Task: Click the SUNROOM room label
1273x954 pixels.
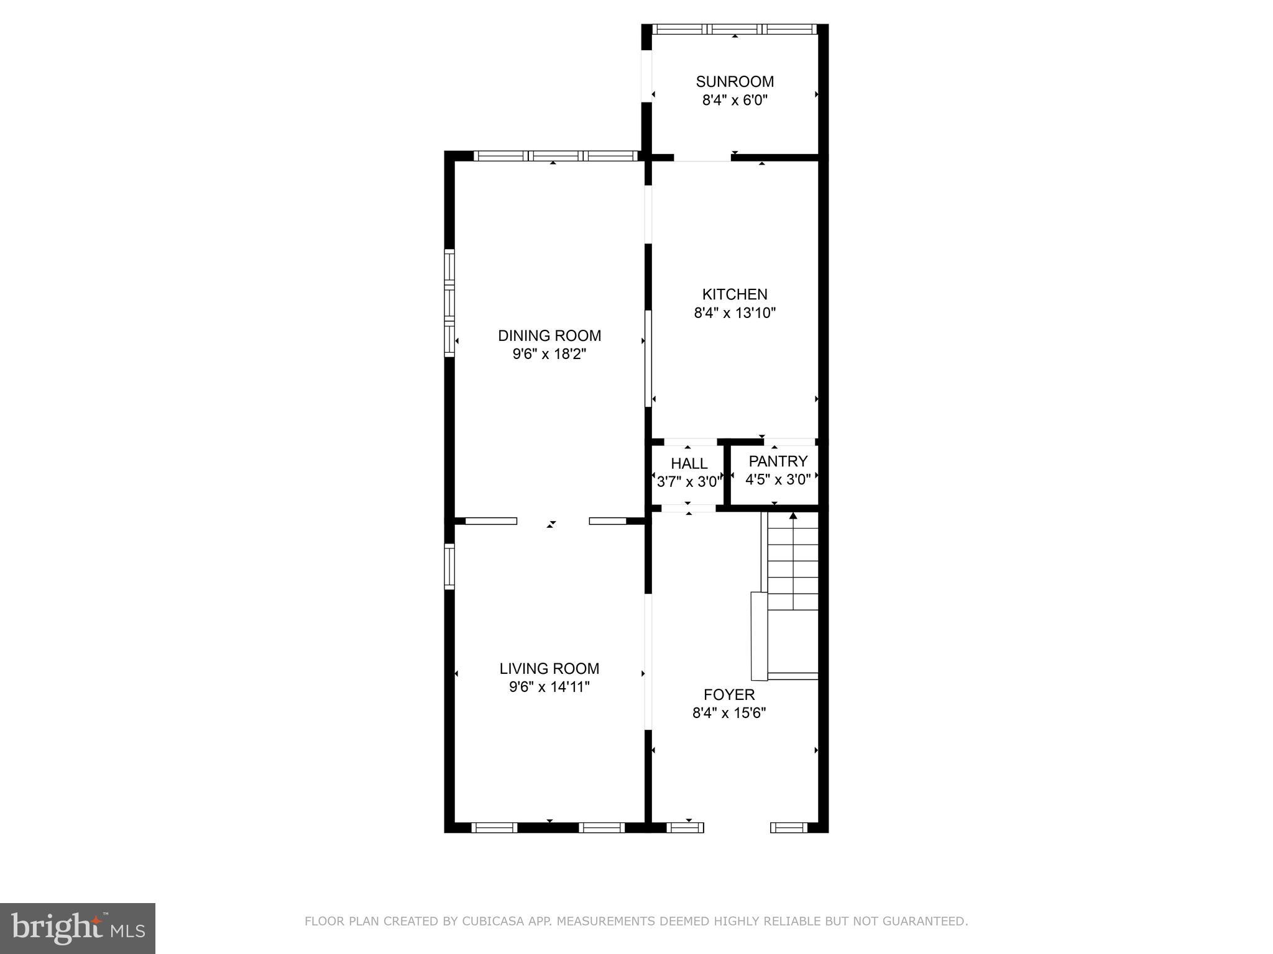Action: pyautogui.click(x=735, y=81)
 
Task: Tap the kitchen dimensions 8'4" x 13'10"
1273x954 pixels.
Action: pyautogui.click(x=735, y=313)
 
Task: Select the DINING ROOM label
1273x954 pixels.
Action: pyautogui.click(x=549, y=335)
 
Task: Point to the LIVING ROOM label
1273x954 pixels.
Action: pyautogui.click(x=549, y=668)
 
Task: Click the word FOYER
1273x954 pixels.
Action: pyautogui.click(x=729, y=694)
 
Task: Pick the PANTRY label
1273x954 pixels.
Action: pyautogui.click(x=778, y=461)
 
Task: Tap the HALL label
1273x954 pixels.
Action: pyautogui.click(x=689, y=463)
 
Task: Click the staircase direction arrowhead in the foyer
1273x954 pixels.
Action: pyautogui.click(x=793, y=516)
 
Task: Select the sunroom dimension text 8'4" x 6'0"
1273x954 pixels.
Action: pyautogui.click(x=735, y=100)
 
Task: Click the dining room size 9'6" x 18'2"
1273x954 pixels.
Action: pyautogui.click(x=549, y=354)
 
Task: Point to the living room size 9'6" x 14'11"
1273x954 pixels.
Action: pyautogui.click(x=549, y=687)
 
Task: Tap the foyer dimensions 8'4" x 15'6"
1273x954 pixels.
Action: pyautogui.click(x=729, y=713)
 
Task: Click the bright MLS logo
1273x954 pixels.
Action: pyautogui.click(x=78, y=928)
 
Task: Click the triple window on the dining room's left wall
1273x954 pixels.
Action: pyautogui.click(x=449, y=302)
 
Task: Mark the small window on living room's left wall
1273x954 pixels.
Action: pyautogui.click(x=449, y=566)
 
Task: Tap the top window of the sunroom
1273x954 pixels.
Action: pyautogui.click(x=734, y=29)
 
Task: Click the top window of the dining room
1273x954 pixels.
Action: pyautogui.click(x=556, y=156)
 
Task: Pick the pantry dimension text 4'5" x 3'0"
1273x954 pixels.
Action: pyautogui.click(x=778, y=479)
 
